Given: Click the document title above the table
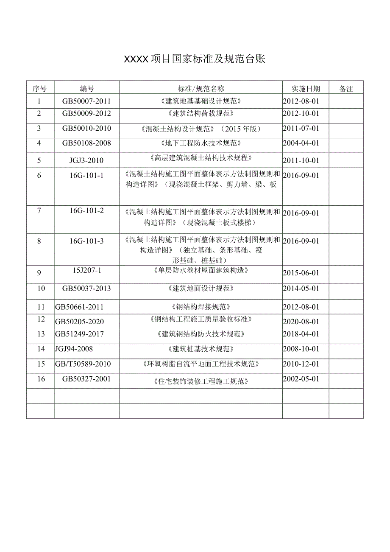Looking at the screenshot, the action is tap(195, 59).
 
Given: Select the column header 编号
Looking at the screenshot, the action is tap(87, 88).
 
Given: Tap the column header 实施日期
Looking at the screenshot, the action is tap(306, 88).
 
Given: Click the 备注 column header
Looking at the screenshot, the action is tap(346, 89).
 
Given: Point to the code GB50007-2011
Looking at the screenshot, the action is tap(86, 101).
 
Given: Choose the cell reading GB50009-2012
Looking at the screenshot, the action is tap(86, 113).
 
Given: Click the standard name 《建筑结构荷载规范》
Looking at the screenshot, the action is tap(201, 113).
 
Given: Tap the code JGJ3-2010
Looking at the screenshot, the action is tap(86, 160).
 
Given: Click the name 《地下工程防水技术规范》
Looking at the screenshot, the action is tap(201, 143).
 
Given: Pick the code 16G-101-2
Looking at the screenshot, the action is tap(86, 210).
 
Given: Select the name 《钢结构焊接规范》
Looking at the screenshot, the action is tap(201, 307).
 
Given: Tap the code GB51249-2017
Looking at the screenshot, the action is tap(79, 334).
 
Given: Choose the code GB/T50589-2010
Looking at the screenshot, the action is tap(83, 364).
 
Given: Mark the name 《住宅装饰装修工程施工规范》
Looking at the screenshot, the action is tap(201, 381).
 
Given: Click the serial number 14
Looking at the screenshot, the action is tap(41, 349).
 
